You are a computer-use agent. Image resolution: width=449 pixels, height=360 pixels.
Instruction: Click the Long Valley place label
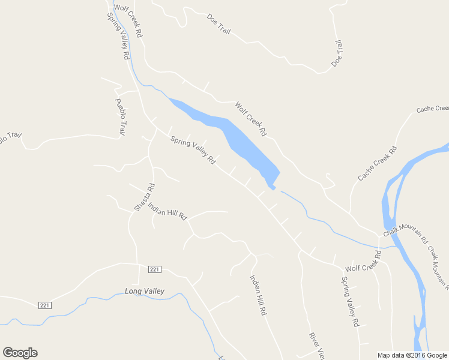(x=144, y=292)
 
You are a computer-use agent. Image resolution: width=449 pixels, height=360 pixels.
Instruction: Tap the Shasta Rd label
(x=144, y=197)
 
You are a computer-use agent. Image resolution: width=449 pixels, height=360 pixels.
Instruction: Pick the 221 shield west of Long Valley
(x=46, y=305)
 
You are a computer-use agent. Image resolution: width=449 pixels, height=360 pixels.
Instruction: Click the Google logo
(x=20, y=353)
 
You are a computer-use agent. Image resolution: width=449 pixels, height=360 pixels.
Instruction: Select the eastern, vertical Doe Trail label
(x=337, y=53)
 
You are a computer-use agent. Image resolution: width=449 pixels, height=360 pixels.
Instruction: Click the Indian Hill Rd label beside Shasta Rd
(x=168, y=212)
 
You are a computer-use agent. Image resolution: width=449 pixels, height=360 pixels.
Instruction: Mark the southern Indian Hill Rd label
(x=258, y=295)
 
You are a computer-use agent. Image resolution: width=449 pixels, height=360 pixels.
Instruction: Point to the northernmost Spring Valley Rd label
(x=119, y=36)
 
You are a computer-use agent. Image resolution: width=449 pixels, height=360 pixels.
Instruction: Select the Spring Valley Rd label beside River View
(x=350, y=301)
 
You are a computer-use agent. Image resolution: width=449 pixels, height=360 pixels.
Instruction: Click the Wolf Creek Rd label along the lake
(x=250, y=118)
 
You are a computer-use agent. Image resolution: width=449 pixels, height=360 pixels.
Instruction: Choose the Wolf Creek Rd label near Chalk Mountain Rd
(x=363, y=265)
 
